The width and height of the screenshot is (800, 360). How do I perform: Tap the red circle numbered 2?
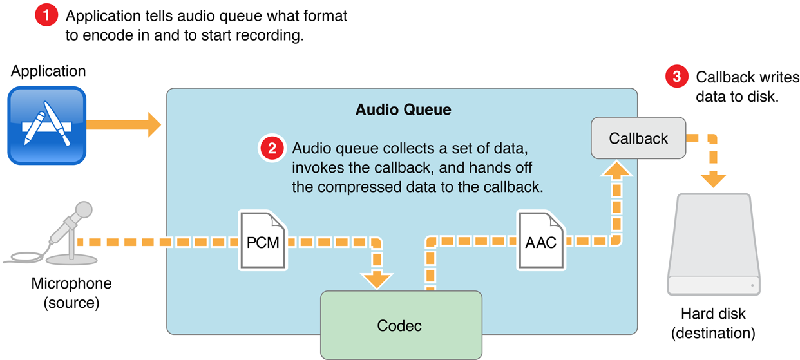pyautogui.click(x=272, y=148)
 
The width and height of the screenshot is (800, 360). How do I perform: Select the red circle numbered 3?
pyautogui.click(x=676, y=77)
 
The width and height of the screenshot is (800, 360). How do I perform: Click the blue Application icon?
pyautogui.click(x=46, y=126)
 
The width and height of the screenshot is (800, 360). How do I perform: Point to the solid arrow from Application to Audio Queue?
pyautogui.click(x=123, y=124)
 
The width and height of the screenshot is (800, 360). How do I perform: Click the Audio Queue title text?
pyautogui.click(x=403, y=109)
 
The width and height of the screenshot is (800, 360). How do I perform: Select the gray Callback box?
pyautogui.click(x=638, y=138)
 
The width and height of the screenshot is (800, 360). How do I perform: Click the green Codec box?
pyautogui.click(x=401, y=325)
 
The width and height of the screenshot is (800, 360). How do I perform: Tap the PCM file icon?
pyautogui.click(x=263, y=240)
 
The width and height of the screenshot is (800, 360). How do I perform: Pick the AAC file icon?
pyautogui.click(x=541, y=240)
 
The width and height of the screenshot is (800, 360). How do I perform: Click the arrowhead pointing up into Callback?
pyautogui.click(x=616, y=169)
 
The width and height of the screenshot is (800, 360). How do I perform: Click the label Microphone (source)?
pyautogui.click(x=71, y=293)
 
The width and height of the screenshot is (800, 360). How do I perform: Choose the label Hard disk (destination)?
pyautogui.click(x=713, y=323)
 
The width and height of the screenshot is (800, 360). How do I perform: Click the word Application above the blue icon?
pyautogui.click(x=48, y=71)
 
